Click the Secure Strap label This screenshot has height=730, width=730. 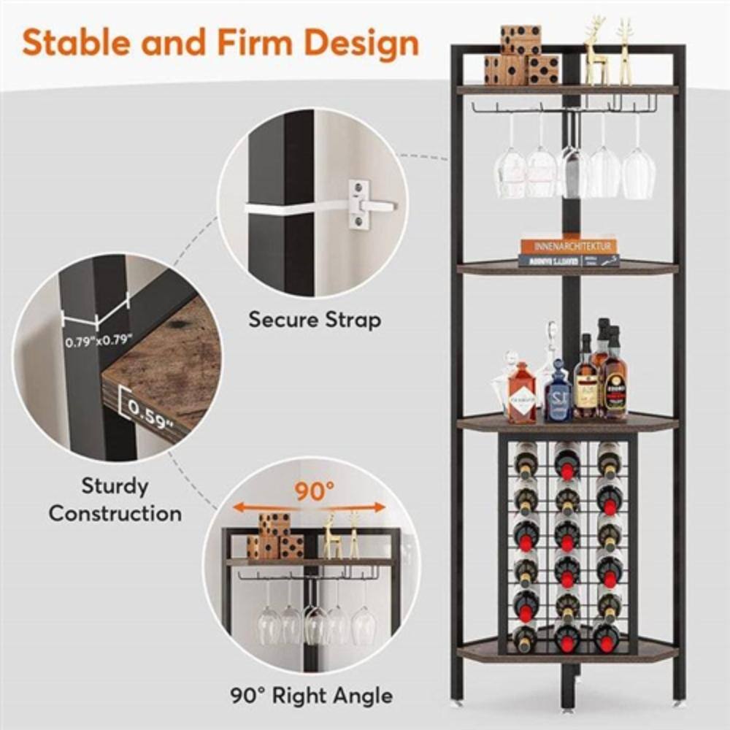pos(314,320)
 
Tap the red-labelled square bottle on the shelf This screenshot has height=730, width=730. pos(521,398)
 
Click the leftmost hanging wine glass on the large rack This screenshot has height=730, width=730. pos(510,172)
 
